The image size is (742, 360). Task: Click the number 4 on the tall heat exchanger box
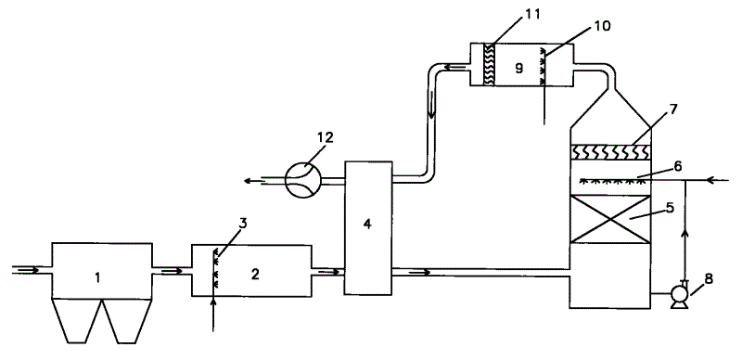tap(368, 225)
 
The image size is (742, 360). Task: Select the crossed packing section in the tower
tap(615, 219)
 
